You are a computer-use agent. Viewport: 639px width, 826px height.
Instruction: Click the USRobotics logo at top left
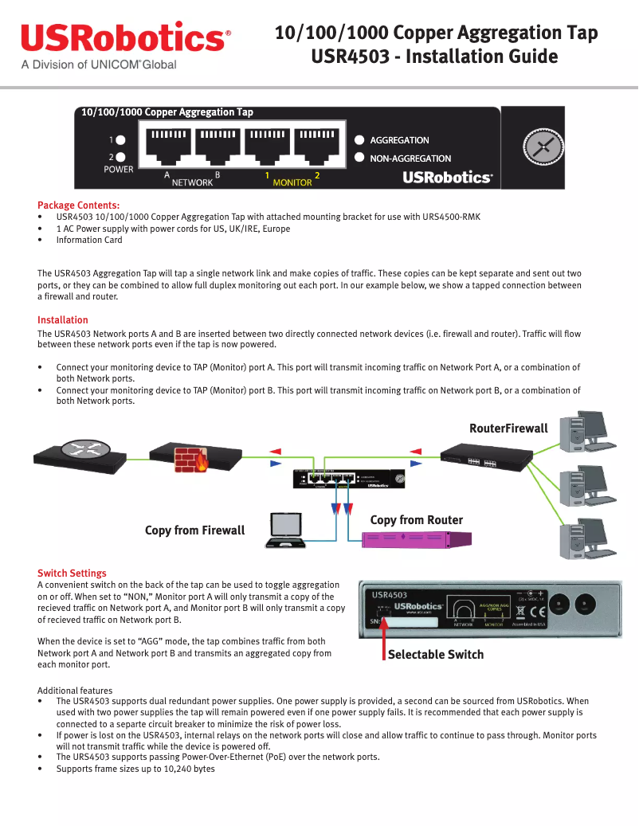pos(125,38)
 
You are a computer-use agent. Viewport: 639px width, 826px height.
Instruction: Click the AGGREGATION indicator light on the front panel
pos(359,139)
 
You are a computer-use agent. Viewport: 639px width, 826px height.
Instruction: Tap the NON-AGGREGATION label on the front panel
pos(410,159)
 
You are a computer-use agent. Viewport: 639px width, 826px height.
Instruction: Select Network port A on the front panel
pos(168,146)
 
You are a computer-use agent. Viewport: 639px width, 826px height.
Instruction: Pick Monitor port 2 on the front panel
pos(317,146)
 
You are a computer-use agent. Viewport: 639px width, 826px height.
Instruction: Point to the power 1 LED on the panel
pos(121,139)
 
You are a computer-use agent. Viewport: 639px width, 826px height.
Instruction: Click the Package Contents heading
pos(79,206)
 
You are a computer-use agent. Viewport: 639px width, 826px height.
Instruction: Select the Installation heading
pos(63,320)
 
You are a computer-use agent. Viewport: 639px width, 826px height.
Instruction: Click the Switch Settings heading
pos(72,574)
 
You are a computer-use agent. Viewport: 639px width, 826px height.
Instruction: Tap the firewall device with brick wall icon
pos(196,458)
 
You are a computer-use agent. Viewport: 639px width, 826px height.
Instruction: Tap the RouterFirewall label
pos(508,429)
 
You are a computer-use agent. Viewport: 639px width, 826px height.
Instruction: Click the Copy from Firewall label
pos(194,530)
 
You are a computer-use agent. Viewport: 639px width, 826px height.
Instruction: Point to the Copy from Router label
pos(416,520)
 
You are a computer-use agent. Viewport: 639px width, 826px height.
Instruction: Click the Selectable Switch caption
pos(435,655)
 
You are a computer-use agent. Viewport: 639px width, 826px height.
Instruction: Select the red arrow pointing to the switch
pos(383,637)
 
